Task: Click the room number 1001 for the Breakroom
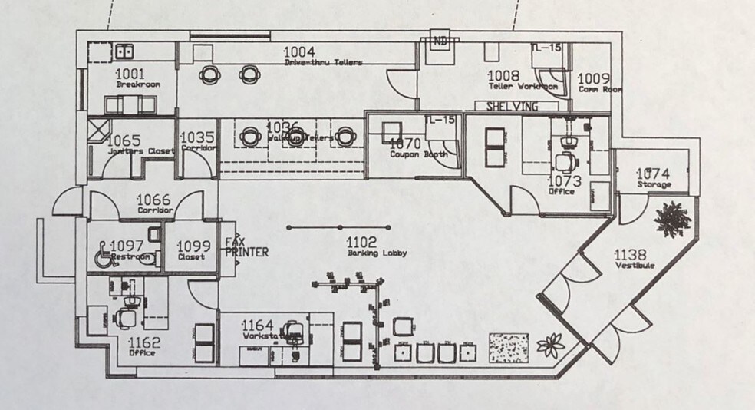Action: click(x=130, y=74)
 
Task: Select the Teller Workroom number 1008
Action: click(x=505, y=76)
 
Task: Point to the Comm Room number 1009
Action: click(x=593, y=78)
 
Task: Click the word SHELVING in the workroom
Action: click(x=513, y=106)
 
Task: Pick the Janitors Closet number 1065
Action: click(x=124, y=141)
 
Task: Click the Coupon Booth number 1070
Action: click(x=407, y=143)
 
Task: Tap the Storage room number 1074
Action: click(x=653, y=174)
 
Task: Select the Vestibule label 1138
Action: click(x=630, y=254)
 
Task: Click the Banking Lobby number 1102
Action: click(x=362, y=241)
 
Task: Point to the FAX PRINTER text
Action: click(x=246, y=246)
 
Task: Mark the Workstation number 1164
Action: click(x=259, y=326)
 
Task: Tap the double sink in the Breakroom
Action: click(x=124, y=51)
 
